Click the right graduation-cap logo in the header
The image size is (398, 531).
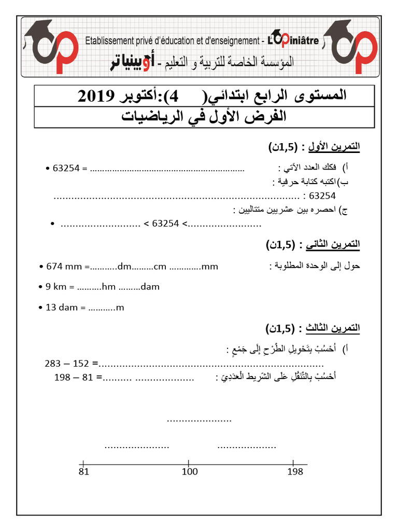coord(349,45)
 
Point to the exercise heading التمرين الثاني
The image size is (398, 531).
coord(334,244)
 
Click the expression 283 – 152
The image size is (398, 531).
coord(68,363)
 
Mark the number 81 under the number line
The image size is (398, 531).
coord(84,471)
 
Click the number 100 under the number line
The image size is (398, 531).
coord(190,471)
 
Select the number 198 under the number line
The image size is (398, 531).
coord(294,471)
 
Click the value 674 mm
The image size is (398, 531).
coord(61,267)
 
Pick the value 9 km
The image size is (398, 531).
coord(57,287)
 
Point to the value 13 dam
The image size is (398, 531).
coord(61,308)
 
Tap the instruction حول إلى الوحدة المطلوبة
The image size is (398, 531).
coord(315,266)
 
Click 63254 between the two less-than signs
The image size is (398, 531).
coord(165,223)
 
